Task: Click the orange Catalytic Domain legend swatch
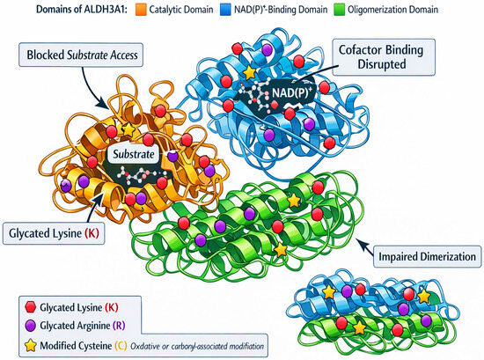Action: click(141, 10)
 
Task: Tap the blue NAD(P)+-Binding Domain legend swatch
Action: click(225, 10)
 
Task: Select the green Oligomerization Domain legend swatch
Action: click(339, 10)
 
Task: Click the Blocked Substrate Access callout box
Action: click(81, 55)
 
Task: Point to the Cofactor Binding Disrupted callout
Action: click(384, 57)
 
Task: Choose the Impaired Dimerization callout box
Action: click(427, 256)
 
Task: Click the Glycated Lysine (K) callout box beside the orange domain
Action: click(54, 233)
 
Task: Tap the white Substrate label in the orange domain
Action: click(134, 154)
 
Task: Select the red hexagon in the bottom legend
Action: click(31, 307)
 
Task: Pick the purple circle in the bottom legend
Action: click(31, 326)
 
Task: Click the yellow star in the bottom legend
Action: click(31, 345)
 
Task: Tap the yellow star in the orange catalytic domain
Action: click(128, 129)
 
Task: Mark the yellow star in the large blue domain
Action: click(249, 72)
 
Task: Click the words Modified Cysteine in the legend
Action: click(76, 346)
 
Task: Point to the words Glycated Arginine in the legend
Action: click(75, 326)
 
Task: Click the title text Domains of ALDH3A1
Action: click(82, 10)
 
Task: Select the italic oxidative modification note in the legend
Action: click(197, 346)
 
